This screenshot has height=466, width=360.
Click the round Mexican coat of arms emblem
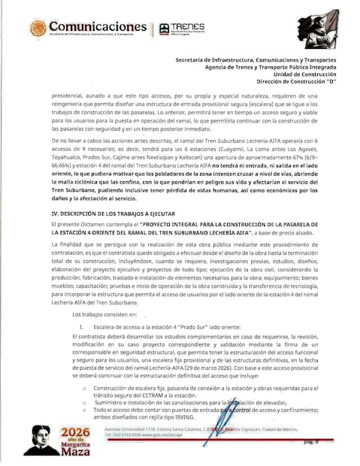point(38,29)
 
